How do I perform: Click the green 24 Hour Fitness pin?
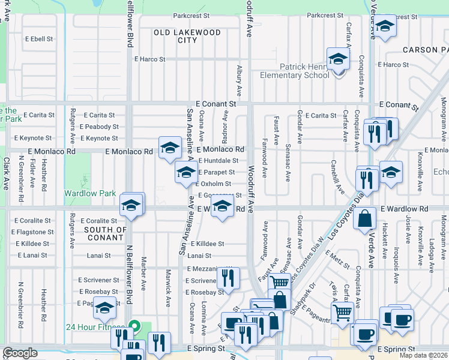(136, 328)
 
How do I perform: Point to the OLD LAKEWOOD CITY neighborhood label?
(187, 36)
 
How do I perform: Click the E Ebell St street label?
(37, 39)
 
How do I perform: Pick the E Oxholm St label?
(214, 184)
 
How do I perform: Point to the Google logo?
(20, 353)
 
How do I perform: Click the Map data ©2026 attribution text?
(423, 355)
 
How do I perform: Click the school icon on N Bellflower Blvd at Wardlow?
(131, 205)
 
